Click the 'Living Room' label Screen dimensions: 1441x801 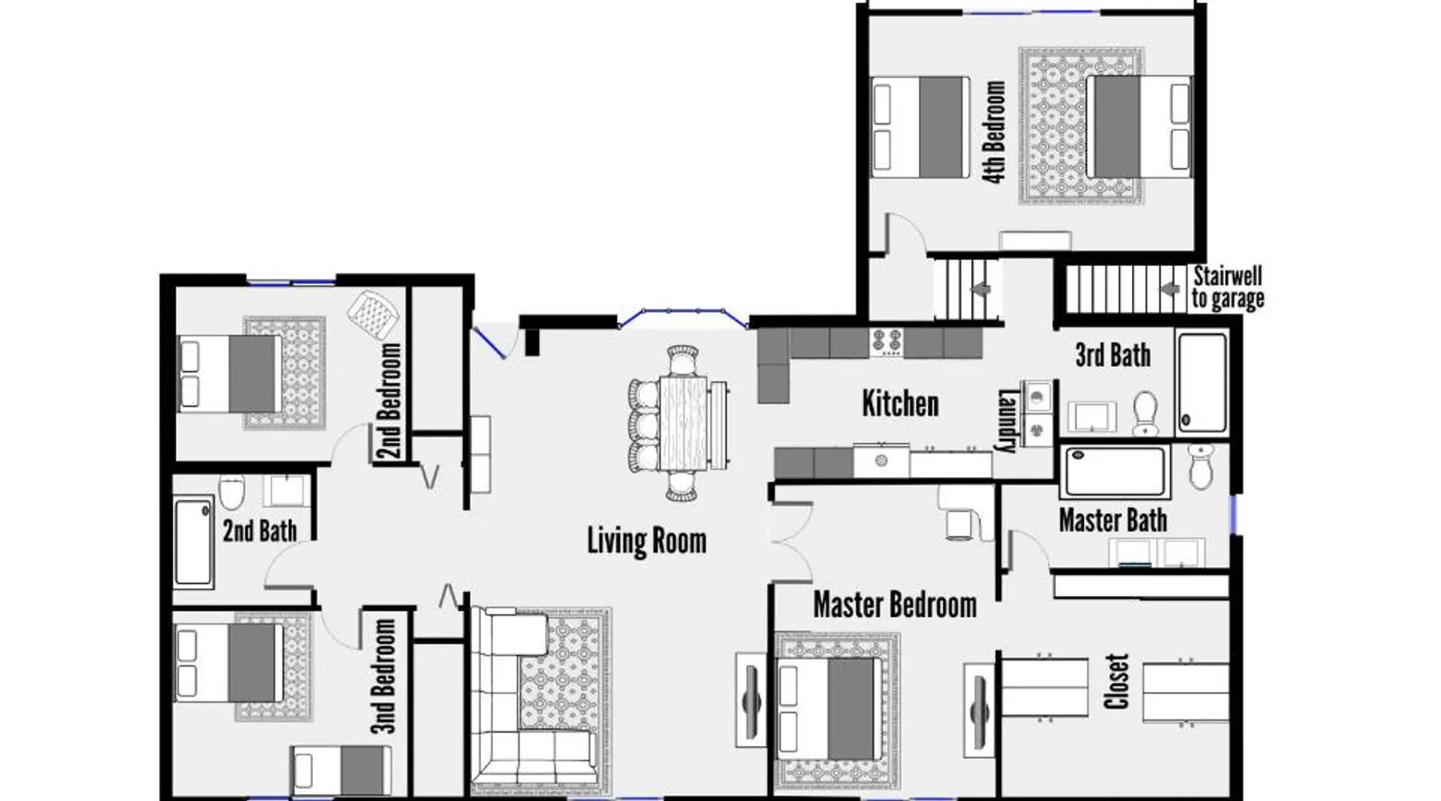pos(647,541)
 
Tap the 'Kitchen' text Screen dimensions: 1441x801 pos(900,403)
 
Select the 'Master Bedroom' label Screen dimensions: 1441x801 pos(895,605)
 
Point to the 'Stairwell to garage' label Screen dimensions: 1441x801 pos(1228,288)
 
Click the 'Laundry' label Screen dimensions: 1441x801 pos(1007,421)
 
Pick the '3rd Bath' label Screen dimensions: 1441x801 pos(1113,355)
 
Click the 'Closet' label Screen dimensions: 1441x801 pos(1117,682)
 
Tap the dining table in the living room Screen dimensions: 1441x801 pos(684,423)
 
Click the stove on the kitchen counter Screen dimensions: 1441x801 pos(887,342)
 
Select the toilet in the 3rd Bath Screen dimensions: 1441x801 pos(1146,413)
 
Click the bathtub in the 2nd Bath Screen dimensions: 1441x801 pos(194,541)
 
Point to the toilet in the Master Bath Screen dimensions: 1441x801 pos(1201,465)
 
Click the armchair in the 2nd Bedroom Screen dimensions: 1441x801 pos(373,314)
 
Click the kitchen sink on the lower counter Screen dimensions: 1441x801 pos(881,461)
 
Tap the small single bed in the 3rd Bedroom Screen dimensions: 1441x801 pos(341,771)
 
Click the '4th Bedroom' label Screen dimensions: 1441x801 pos(993,132)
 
